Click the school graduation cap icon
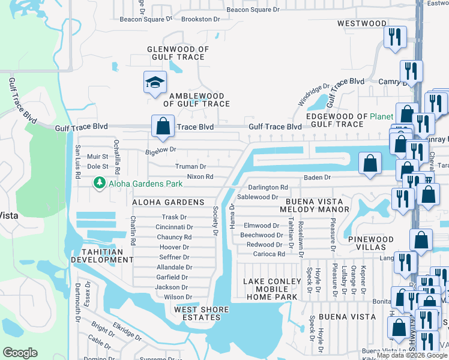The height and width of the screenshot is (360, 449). point(155,82)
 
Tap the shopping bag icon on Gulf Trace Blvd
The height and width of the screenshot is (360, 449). point(162,126)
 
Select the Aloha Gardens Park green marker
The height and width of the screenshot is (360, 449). point(98,182)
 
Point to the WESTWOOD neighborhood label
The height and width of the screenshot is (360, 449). point(362,23)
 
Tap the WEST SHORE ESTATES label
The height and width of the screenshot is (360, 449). point(201,313)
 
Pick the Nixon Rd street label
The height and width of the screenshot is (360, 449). point(200,177)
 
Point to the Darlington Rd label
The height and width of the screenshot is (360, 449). point(268,187)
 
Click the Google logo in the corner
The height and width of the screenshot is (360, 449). point(20,352)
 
